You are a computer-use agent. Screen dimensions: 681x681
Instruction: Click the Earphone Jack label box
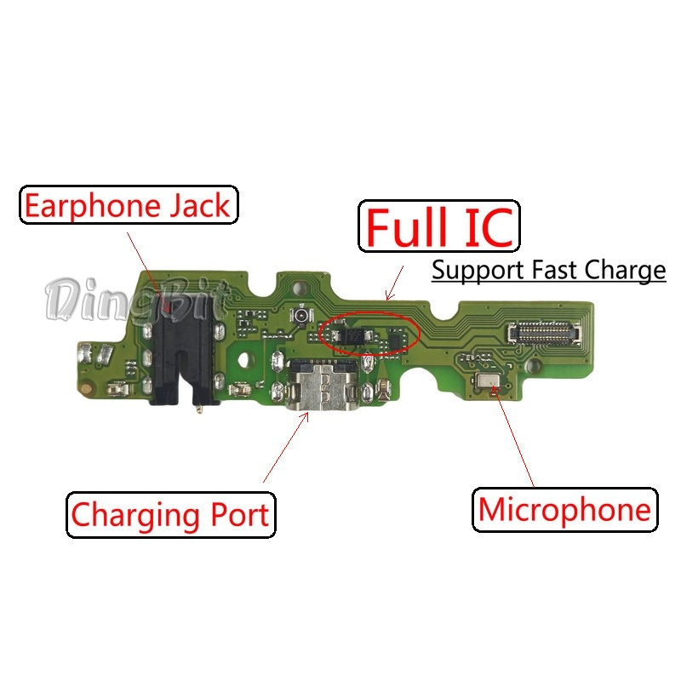point(129,205)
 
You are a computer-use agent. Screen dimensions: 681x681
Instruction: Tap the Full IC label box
point(439,226)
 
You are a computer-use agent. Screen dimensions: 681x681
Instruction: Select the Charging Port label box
point(171,515)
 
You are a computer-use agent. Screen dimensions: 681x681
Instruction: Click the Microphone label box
point(565,509)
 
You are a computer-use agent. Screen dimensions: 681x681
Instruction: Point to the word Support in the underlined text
point(478,271)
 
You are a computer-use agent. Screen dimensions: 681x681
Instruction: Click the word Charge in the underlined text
point(625,271)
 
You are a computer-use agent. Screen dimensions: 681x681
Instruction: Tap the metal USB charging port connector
point(321,385)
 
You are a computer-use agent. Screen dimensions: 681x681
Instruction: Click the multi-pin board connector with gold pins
point(544,332)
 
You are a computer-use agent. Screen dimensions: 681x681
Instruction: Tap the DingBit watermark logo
point(134,300)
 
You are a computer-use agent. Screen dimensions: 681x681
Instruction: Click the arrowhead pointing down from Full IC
point(389,295)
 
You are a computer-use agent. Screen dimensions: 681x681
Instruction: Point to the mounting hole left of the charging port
point(244,360)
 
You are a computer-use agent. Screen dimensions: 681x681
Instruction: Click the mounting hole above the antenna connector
point(299,288)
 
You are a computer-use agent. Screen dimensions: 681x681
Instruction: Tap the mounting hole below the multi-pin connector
point(534,368)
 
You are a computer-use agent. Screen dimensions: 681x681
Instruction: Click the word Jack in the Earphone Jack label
point(199,205)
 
